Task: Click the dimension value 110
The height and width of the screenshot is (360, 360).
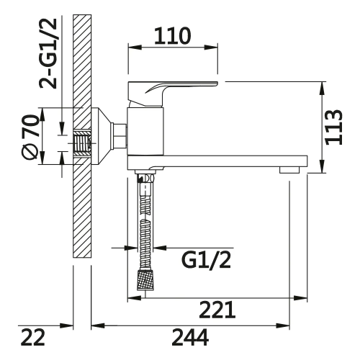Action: pos(173,36)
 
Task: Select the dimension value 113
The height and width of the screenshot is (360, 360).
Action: pos(334,127)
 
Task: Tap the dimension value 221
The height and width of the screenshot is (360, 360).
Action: pos(217,310)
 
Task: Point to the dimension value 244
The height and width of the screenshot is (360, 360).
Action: pos(190,337)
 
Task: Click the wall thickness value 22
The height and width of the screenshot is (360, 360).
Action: pos(33,337)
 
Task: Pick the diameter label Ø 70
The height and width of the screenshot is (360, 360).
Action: pos(30,137)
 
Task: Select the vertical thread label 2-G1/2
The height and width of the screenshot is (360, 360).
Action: pos(48,53)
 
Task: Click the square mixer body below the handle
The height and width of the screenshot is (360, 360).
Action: pos(145,131)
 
